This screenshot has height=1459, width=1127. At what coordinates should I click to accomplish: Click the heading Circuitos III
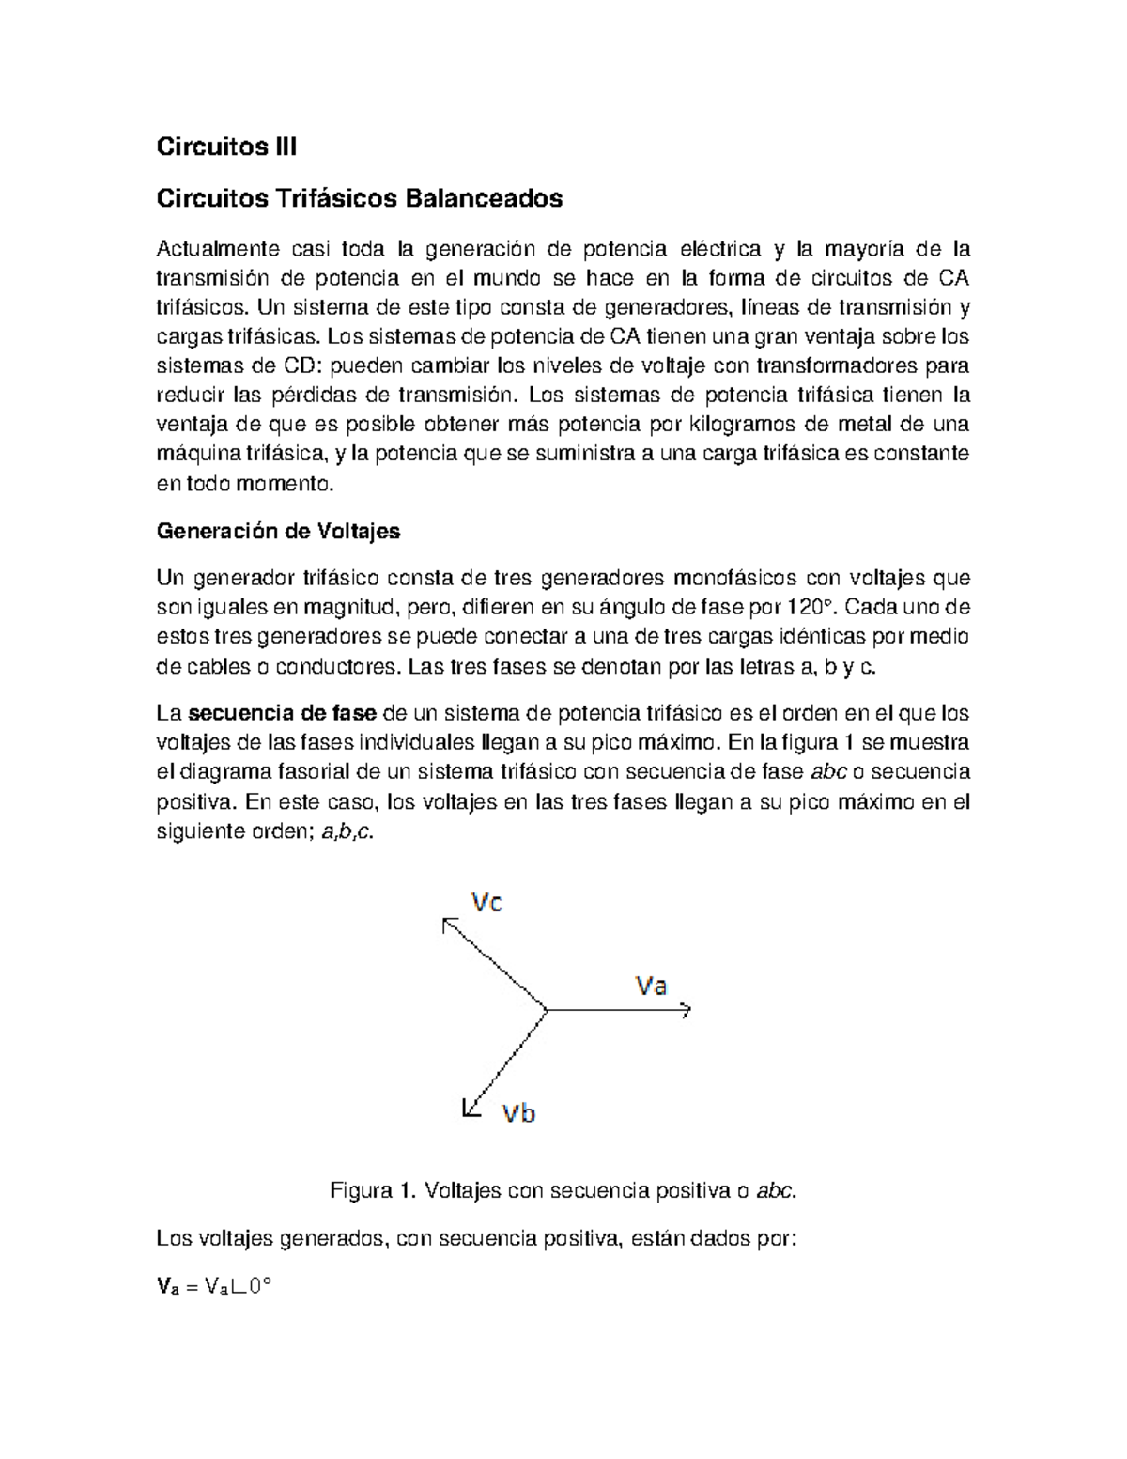click(226, 147)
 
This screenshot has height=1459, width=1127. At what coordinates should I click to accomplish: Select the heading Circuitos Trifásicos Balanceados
click(359, 198)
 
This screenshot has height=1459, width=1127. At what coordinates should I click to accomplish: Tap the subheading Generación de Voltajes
click(278, 531)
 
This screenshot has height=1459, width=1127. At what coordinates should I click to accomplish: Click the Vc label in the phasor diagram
click(486, 903)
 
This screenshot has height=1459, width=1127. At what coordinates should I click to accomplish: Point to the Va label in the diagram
click(651, 986)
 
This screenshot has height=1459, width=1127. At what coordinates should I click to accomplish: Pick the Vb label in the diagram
click(518, 1113)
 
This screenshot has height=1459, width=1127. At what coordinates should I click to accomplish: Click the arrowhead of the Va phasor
click(687, 1010)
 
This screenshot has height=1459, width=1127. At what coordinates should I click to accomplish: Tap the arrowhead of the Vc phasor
click(447, 924)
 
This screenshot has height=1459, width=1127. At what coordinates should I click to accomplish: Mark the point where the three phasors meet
click(547, 1010)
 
